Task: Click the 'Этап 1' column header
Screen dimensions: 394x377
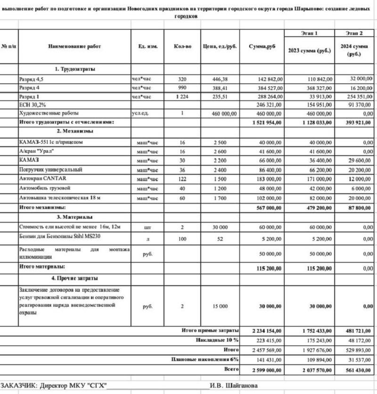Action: pos(309,33)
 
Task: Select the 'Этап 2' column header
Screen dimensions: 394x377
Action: pos(354,33)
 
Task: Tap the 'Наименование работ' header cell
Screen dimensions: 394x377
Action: pos(74,47)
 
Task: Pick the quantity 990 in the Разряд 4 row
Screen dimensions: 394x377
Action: pos(182,88)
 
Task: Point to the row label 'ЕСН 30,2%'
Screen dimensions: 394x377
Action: pos(33,105)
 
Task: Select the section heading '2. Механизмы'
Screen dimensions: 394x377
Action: pos(74,131)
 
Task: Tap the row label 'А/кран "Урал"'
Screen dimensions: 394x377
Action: pos(36,151)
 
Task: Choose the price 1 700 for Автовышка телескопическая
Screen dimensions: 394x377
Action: pos(220,198)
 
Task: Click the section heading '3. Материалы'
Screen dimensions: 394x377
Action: pos(74,217)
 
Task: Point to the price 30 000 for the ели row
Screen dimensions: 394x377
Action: pos(220,227)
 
